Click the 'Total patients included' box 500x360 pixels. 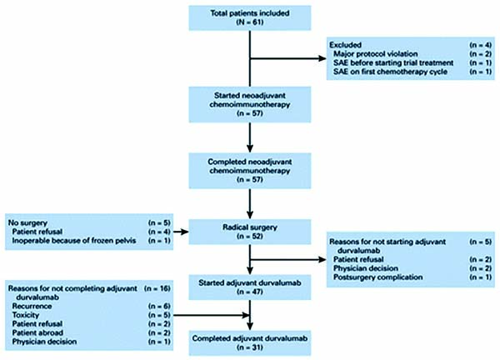point(250,17)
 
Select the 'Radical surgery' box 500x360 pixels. point(250,232)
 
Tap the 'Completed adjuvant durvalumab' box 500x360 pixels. point(250,342)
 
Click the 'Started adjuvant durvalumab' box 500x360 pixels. point(250,287)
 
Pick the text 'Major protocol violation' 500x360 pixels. point(375,54)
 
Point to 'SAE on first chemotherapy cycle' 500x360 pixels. point(390,72)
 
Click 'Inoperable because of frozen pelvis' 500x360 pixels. point(74,241)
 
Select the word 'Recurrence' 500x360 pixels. point(32,307)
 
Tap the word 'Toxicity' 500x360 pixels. point(26,315)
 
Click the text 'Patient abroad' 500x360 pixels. point(37,332)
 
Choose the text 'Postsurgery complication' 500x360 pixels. point(377,277)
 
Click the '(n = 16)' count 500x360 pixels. point(157,288)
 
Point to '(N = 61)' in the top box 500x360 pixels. point(250,22)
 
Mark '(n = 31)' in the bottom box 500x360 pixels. point(250,347)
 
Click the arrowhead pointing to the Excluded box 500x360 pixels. point(322,58)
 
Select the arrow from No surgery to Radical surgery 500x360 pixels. point(181,232)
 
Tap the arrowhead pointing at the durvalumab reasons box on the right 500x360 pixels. point(322,259)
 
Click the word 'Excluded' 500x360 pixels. point(345,45)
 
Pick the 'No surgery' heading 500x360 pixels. point(27,222)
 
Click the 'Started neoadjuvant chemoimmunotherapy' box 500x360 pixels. point(250,105)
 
